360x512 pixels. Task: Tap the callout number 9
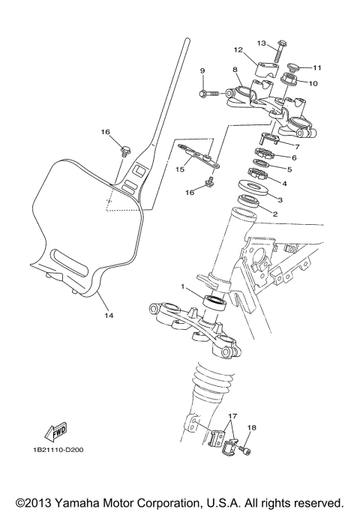[202, 71]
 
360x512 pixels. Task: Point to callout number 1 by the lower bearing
[181, 287]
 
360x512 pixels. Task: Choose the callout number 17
[232, 415]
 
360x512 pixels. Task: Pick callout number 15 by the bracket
[179, 169]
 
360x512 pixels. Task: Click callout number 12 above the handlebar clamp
[238, 51]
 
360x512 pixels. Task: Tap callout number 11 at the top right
[316, 67]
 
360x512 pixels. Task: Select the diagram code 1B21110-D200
[58, 450]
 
